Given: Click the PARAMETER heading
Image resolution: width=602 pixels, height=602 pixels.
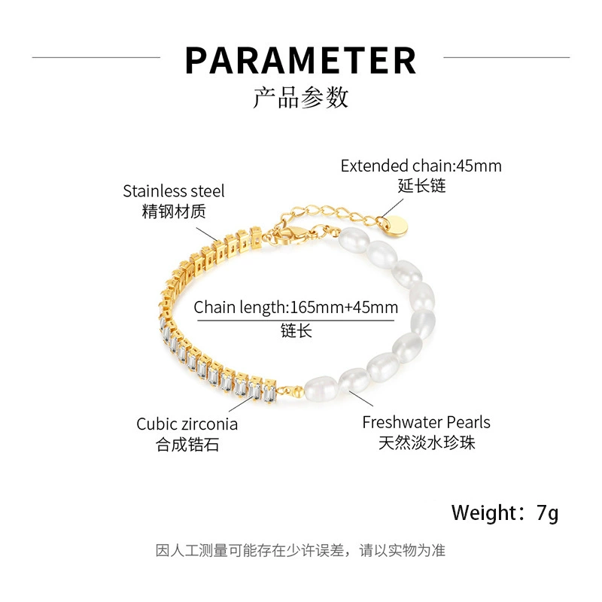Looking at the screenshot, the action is click(300, 60).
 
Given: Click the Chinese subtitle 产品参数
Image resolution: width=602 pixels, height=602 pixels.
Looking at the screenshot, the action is click(300, 98).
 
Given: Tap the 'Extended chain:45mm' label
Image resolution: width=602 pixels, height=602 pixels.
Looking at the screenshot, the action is click(421, 166).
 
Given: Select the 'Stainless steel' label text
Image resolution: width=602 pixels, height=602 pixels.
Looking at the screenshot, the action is click(174, 191).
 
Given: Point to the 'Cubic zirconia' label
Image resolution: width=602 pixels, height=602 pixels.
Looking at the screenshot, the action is click(187, 424).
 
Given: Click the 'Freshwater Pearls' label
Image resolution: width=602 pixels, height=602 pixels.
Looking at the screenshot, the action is click(426, 422).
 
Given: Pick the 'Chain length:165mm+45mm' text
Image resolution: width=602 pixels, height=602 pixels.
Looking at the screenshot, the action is click(296, 308).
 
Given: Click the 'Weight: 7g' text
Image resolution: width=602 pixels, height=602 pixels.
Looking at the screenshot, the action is click(504, 513).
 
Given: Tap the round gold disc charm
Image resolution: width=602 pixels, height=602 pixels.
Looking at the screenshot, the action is click(396, 227).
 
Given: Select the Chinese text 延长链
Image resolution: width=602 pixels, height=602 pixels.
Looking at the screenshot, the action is click(421, 186).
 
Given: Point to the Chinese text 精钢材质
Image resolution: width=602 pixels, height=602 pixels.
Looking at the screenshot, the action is click(174, 211).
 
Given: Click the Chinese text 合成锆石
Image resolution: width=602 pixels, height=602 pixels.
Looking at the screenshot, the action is click(187, 445).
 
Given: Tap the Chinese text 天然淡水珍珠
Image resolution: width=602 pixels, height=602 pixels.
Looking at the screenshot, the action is click(427, 442).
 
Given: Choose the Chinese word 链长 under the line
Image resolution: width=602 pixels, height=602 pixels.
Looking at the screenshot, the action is click(296, 330).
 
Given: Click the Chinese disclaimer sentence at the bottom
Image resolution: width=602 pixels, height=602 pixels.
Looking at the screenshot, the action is click(300, 551).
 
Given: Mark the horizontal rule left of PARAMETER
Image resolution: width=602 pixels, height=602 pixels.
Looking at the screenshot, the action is click(96, 58).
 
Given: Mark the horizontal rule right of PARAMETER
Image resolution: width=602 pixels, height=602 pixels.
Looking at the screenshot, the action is click(506, 58).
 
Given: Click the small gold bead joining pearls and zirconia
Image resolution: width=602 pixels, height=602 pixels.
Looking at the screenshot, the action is click(297, 392).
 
